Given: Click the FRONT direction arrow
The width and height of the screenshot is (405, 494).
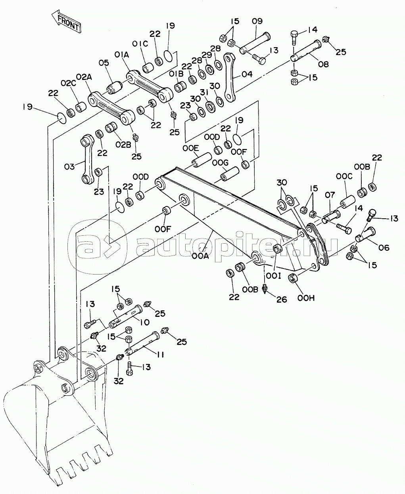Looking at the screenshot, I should tap(67, 23).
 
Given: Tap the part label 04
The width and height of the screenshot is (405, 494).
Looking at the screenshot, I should tap(246, 74).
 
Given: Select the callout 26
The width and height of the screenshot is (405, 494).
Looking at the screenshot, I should tap(281, 300).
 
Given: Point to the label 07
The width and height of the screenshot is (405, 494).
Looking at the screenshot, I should tap(330, 195).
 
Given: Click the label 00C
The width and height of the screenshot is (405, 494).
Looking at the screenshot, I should tap(344, 176).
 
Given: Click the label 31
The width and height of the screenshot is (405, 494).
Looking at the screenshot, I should tap(204, 92).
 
